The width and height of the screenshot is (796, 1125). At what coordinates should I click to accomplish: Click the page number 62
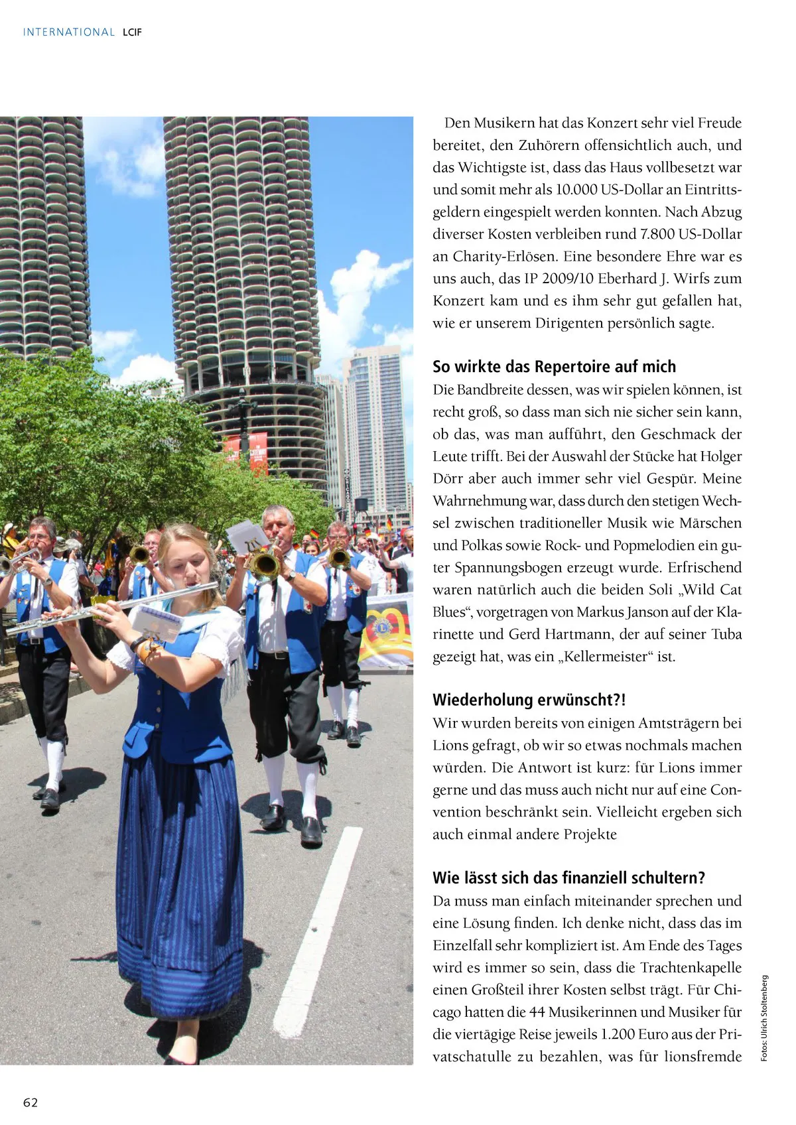click(x=31, y=1102)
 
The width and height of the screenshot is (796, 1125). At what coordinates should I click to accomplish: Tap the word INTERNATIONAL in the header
click(x=69, y=32)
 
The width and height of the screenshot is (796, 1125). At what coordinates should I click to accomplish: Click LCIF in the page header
click(x=132, y=32)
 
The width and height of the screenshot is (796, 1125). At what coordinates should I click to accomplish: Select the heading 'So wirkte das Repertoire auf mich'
click(x=554, y=366)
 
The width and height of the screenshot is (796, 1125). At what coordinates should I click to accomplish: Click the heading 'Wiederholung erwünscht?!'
click(x=529, y=700)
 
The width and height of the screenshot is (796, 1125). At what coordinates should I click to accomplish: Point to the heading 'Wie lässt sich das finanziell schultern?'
click(x=568, y=878)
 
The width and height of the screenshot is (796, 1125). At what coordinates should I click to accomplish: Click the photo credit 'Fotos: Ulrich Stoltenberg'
click(x=764, y=1018)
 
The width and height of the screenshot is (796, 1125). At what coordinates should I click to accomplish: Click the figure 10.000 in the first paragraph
click(x=576, y=190)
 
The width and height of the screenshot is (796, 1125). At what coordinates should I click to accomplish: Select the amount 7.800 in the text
click(x=657, y=234)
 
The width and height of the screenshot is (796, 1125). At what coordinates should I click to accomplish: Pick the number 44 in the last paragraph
click(x=537, y=1012)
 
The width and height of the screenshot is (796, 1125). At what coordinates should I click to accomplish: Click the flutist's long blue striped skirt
click(x=179, y=882)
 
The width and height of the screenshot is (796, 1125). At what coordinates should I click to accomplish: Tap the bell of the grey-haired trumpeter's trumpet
click(x=265, y=565)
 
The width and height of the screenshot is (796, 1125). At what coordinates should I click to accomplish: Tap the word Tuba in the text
click(x=726, y=634)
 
